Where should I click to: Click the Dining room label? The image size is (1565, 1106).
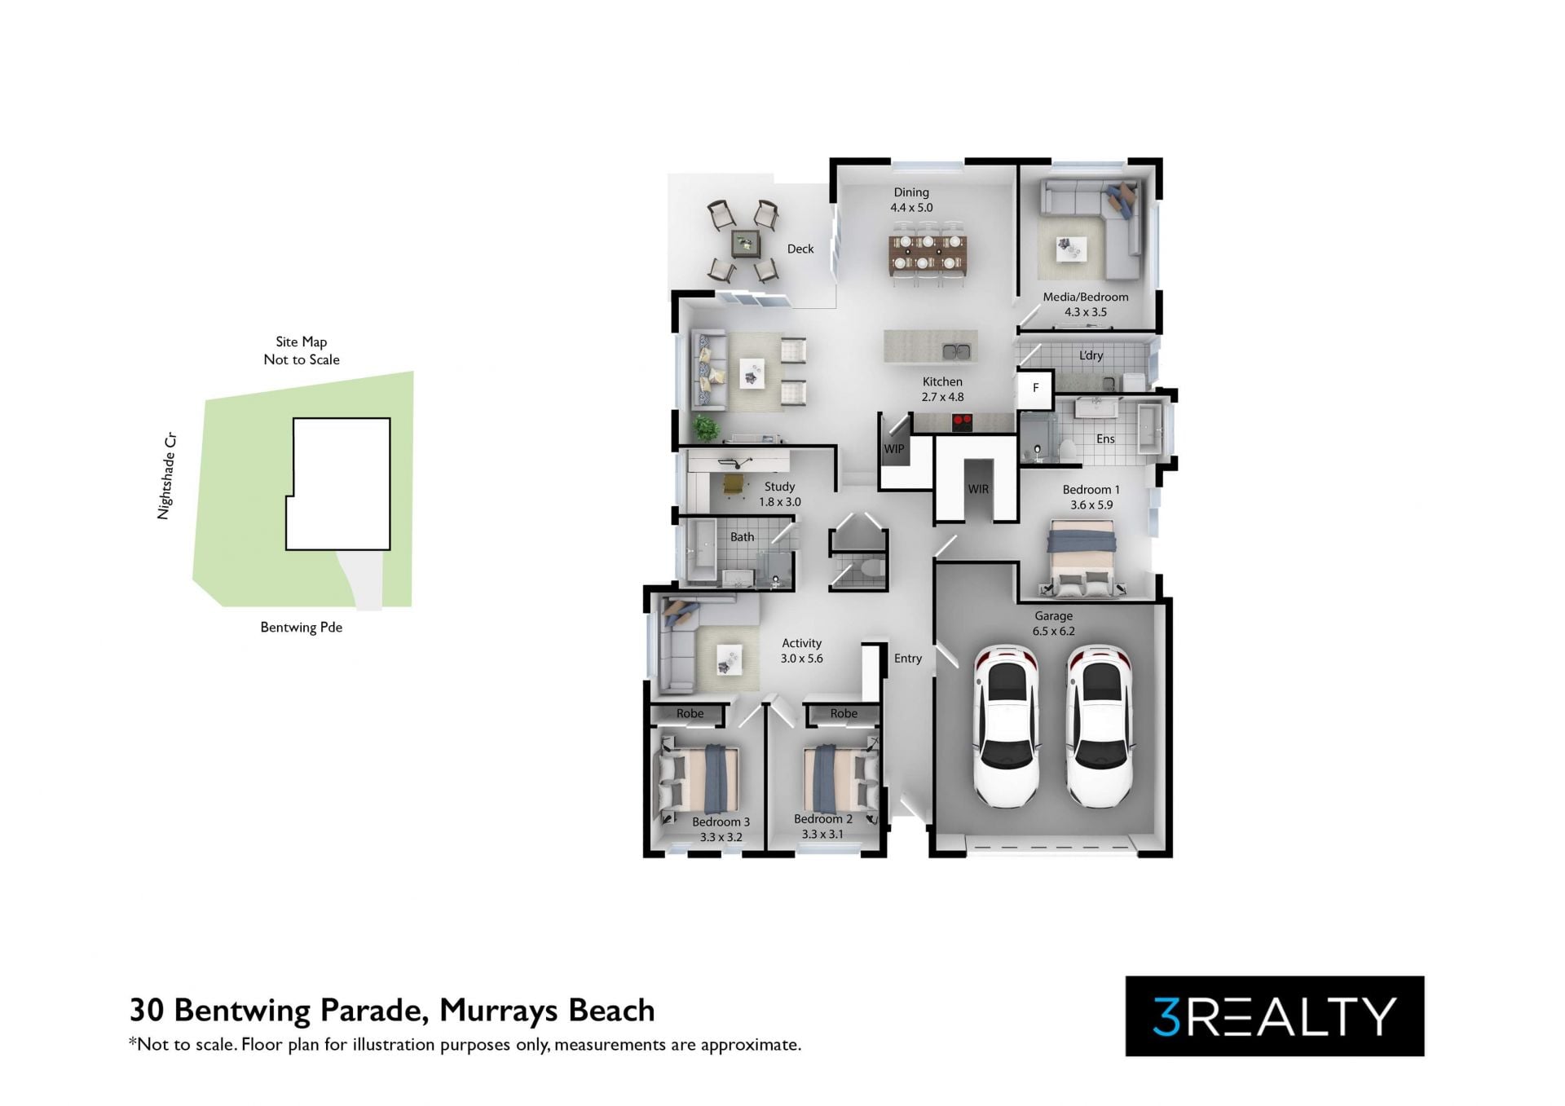[911, 192]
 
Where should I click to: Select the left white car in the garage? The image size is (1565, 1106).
[1007, 725]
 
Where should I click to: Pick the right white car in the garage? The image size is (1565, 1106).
[1100, 725]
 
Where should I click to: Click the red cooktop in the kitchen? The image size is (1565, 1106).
[962, 423]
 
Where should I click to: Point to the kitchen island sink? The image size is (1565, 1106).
[956, 352]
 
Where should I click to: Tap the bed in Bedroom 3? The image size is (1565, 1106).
[699, 780]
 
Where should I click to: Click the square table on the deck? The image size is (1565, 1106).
[746, 242]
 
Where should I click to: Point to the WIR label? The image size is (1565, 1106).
[978, 490]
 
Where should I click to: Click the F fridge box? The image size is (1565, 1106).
[1035, 389]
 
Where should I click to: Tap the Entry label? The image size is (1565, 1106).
[908, 659]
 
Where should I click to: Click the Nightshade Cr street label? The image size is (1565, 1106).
[167, 476]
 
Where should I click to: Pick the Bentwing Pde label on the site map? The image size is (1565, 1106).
[302, 628]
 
